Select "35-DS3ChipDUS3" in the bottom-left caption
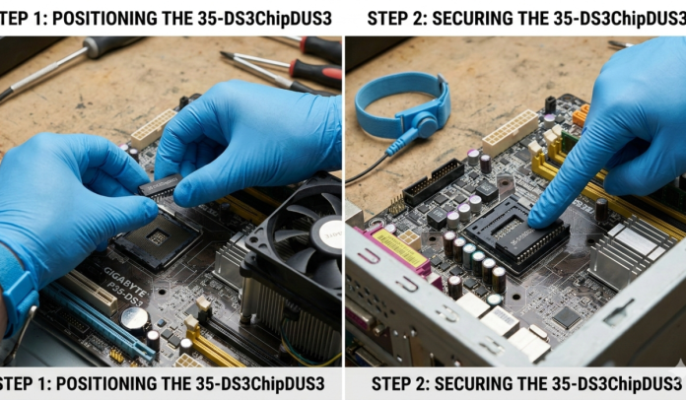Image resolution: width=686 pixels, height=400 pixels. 258,383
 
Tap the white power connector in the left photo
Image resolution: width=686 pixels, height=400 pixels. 152,129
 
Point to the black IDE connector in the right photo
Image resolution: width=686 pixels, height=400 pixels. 434,182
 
